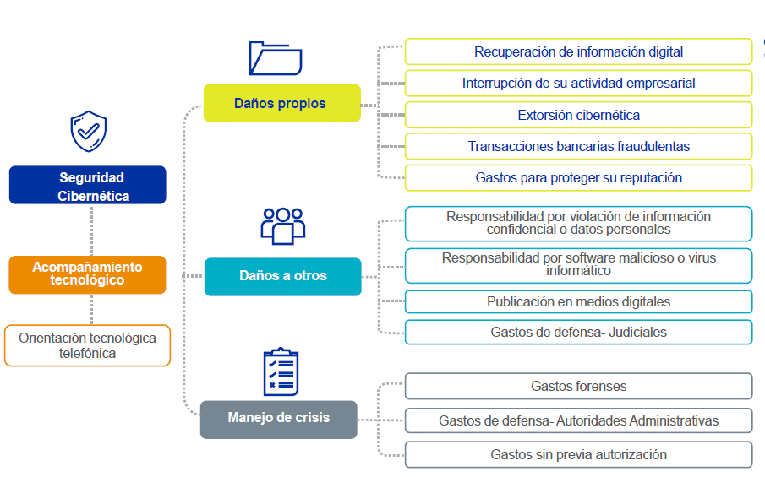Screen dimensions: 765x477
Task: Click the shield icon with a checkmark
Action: (88, 131)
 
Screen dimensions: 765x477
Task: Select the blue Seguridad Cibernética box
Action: (88, 185)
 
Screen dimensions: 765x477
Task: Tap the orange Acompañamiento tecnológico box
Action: (87, 274)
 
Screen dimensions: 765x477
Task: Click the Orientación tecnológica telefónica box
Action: (87, 345)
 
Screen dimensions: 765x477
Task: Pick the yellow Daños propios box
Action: (282, 103)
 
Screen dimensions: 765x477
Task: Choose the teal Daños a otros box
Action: (283, 277)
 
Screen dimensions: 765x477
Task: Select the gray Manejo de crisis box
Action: (279, 420)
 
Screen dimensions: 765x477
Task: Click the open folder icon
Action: (276, 58)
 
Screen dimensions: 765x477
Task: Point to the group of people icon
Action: (283, 226)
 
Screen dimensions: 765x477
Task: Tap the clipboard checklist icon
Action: (281, 371)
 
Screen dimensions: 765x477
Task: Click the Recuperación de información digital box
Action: (579, 51)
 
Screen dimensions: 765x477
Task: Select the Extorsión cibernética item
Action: (579, 115)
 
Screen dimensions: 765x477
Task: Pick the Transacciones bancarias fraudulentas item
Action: (579, 146)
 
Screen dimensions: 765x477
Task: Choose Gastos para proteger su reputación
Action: (579, 178)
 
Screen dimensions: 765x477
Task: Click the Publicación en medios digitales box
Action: (579, 301)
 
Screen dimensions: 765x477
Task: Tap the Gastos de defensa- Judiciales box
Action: (579, 333)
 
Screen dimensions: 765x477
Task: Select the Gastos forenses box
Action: (579, 387)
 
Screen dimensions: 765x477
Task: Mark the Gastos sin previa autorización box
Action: (579, 454)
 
